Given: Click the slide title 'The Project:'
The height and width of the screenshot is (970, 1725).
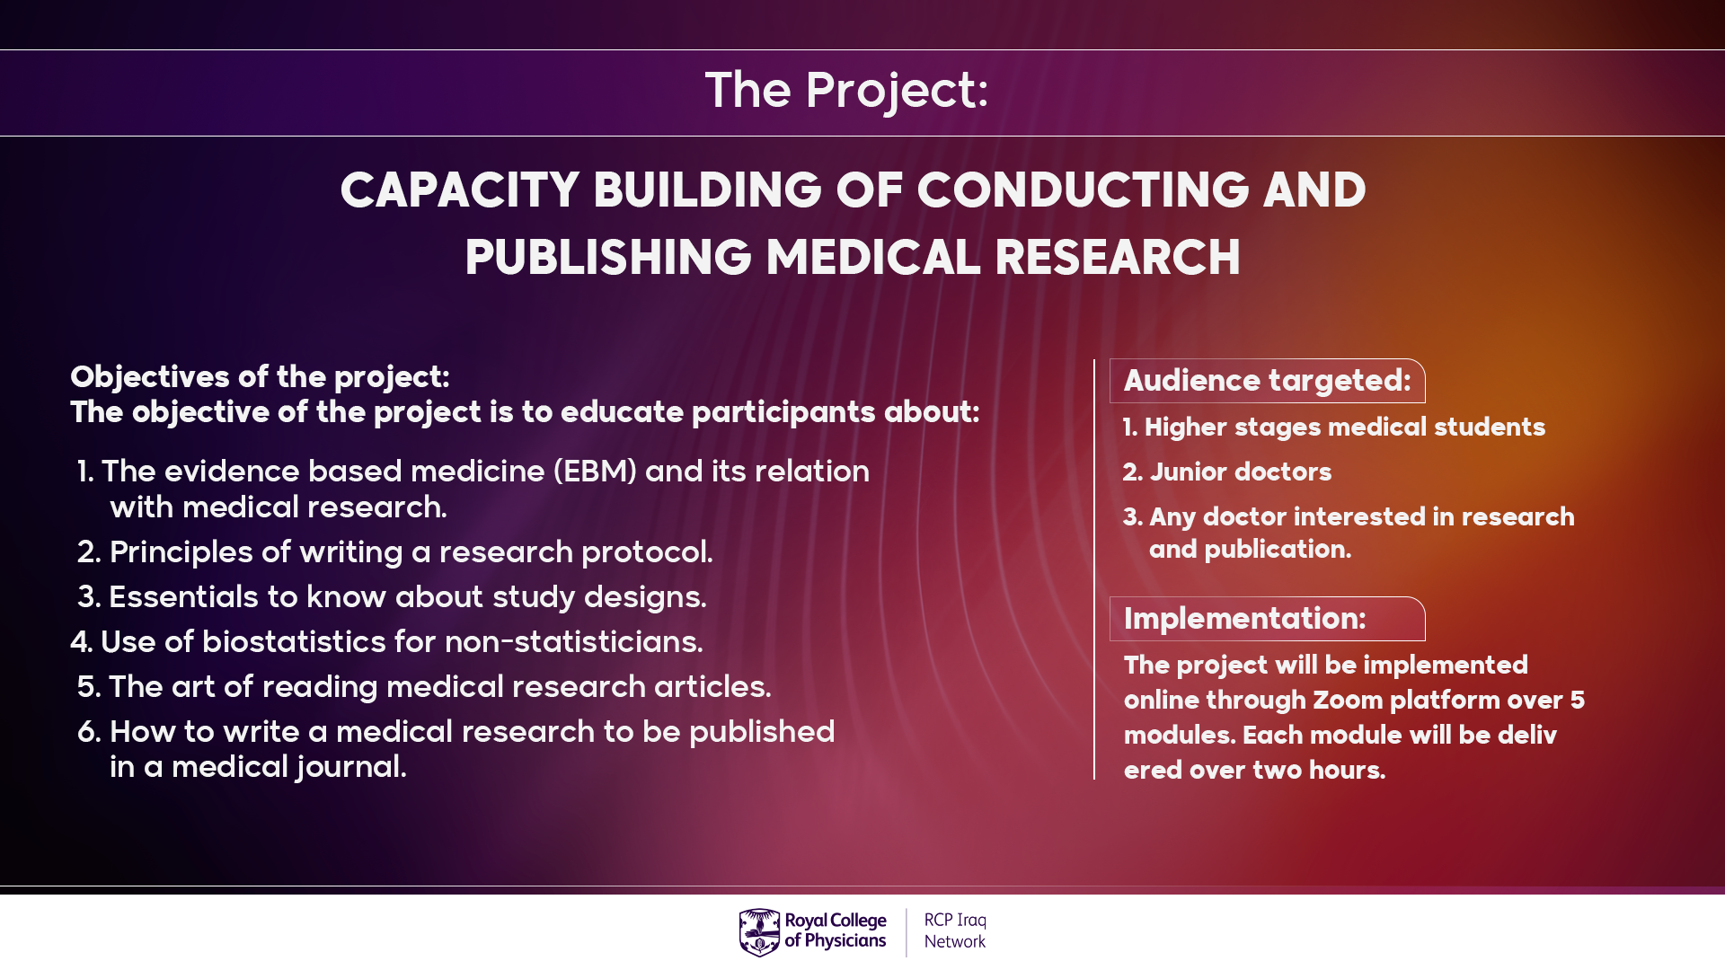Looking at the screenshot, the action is coord(846,91).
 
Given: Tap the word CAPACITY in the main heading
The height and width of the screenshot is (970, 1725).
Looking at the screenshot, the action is coord(460,190).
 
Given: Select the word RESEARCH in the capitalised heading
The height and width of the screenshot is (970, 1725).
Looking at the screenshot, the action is coord(1118,258).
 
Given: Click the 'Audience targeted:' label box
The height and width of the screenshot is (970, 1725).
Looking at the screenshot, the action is coord(1267,381).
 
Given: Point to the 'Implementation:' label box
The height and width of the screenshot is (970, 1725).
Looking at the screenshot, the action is coord(1267,619).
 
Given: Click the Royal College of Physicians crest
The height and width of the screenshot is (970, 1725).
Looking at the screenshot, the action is coord(759,932).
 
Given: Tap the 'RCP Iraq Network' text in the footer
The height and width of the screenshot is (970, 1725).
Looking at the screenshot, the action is coord(955,931).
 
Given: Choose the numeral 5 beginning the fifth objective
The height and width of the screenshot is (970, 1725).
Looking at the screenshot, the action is coord(86,687).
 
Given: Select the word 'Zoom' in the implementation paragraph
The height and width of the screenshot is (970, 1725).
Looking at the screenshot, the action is coord(1346,701).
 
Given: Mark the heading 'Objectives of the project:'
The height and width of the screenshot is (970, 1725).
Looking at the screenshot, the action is coord(260,377).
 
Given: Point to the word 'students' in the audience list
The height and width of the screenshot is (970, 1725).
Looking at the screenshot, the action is coord(1490,428).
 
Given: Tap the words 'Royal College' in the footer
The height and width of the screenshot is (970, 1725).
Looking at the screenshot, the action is coord(836,921).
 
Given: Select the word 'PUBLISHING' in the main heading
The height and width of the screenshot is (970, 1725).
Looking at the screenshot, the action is coord(608,258).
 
